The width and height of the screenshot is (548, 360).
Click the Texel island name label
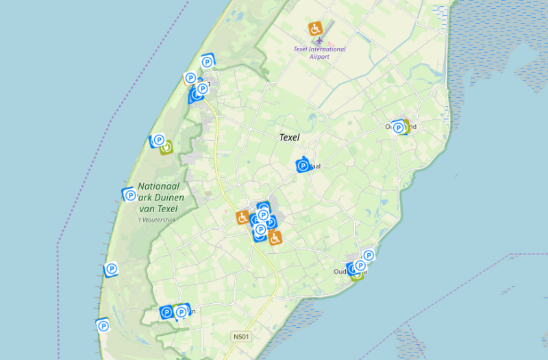pyautogui.click(x=290, y=137)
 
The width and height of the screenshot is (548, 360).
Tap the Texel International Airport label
pyautogui.click(x=319, y=53)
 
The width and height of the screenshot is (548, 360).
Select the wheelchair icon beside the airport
pyautogui.click(x=315, y=29)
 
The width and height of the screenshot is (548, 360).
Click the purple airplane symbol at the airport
pyautogui.click(x=317, y=41)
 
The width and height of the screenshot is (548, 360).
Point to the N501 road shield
pyautogui.click(x=240, y=336)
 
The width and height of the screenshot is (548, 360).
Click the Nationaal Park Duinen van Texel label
pyautogui.click(x=158, y=197)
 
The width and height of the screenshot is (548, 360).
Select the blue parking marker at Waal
pyautogui.click(x=303, y=165)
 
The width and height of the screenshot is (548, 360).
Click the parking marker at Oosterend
pyautogui.click(x=397, y=127)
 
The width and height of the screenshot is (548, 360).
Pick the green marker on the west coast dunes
pyautogui.click(x=165, y=146)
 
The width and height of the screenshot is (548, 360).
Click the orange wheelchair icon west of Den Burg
pyautogui.click(x=242, y=218)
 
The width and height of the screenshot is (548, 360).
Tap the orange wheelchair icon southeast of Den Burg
pyautogui.click(x=275, y=238)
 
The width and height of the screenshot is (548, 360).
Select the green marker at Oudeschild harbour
pyautogui.click(x=356, y=274)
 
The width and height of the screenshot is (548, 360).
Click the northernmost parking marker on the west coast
pyautogui.click(x=207, y=62)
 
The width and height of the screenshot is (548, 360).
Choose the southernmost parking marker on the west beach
pyautogui.click(x=103, y=326)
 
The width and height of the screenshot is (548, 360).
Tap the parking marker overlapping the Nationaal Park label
pyautogui.click(x=129, y=195)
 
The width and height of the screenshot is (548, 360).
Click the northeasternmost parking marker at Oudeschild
pyautogui.click(x=368, y=256)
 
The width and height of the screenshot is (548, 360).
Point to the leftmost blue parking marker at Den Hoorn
pyautogui.click(x=166, y=312)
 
